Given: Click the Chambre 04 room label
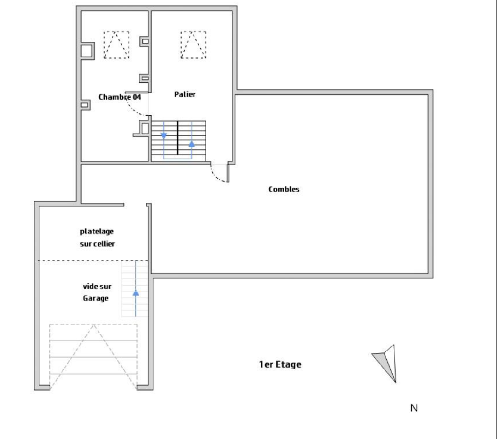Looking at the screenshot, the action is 120,97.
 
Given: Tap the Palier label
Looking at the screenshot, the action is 185,94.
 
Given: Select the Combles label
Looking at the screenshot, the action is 284,189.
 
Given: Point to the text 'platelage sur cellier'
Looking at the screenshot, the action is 97,238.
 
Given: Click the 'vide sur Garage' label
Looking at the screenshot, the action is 97,292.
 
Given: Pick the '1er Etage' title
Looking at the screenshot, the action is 280,364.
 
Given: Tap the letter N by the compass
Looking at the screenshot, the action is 414,408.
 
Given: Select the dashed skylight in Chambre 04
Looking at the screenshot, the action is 116,45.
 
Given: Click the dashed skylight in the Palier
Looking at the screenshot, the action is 193,45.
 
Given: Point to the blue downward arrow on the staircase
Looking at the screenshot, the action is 164,136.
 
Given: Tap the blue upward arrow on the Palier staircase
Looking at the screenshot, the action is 192,143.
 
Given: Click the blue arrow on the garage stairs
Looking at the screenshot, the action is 136,289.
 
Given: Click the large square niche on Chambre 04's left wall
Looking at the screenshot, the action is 87,51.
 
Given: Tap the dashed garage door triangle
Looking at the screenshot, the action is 93,357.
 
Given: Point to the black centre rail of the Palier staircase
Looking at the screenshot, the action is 178,138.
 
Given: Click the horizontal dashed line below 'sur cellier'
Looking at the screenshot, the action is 93,261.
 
